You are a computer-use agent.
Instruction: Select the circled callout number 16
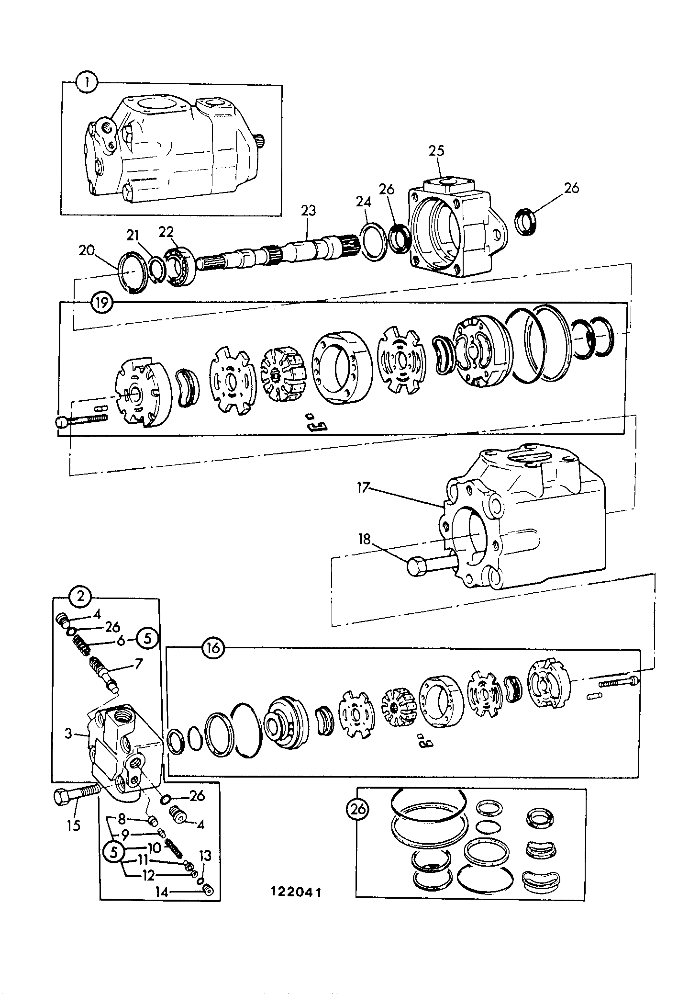(x=213, y=648)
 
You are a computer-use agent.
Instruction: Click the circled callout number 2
(x=80, y=597)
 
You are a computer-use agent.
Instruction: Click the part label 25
(x=436, y=151)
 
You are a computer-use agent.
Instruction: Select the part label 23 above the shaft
(x=309, y=210)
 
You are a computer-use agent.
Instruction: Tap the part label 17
(x=363, y=489)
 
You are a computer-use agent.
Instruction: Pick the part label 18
(x=365, y=539)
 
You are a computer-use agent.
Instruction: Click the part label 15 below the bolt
(x=74, y=825)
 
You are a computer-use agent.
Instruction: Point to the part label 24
(x=364, y=202)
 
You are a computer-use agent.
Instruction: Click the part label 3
(x=68, y=733)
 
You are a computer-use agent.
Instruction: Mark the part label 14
(x=161, y=891)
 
